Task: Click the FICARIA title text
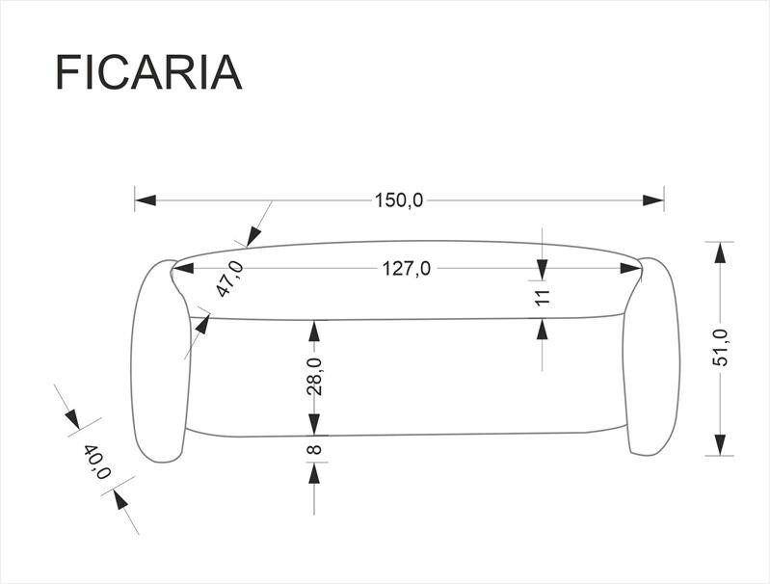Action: [x=149, y=72]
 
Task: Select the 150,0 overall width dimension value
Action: [x=399, y=200]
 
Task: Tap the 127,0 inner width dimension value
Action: [x=407, y=269]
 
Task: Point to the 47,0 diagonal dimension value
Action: [x=229, y=279]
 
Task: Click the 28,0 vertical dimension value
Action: [x=314, y=376]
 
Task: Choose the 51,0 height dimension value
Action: [x=721, y=347]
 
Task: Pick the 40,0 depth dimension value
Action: [x=97, y=462]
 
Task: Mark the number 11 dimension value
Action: [x=543, y=298]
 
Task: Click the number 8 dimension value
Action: [x=314, y=449]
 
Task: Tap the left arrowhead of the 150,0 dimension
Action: [x=146, y=200]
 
